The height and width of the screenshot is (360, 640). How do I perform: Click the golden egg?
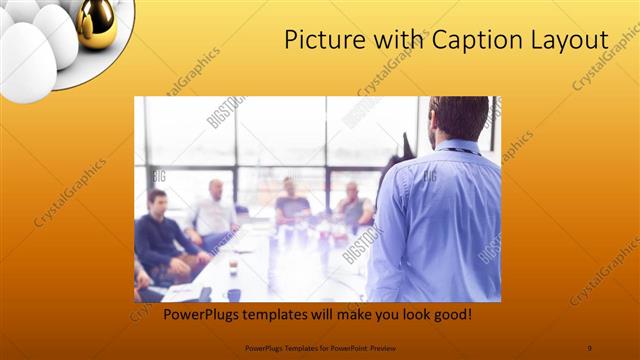click(96, 22)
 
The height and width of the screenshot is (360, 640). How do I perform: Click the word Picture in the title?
click(322, 40)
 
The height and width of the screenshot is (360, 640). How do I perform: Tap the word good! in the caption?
click(450, 315)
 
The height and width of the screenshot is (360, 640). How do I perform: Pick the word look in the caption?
click(408, 315)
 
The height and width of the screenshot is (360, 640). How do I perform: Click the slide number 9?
click(589, 348)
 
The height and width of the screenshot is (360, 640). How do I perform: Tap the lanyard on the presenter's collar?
click(460, 150)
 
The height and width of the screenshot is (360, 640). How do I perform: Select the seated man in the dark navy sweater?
click(160, 235)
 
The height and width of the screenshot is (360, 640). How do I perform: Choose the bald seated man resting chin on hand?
click(352, 206)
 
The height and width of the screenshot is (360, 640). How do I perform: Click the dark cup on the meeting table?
click(233, 294)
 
